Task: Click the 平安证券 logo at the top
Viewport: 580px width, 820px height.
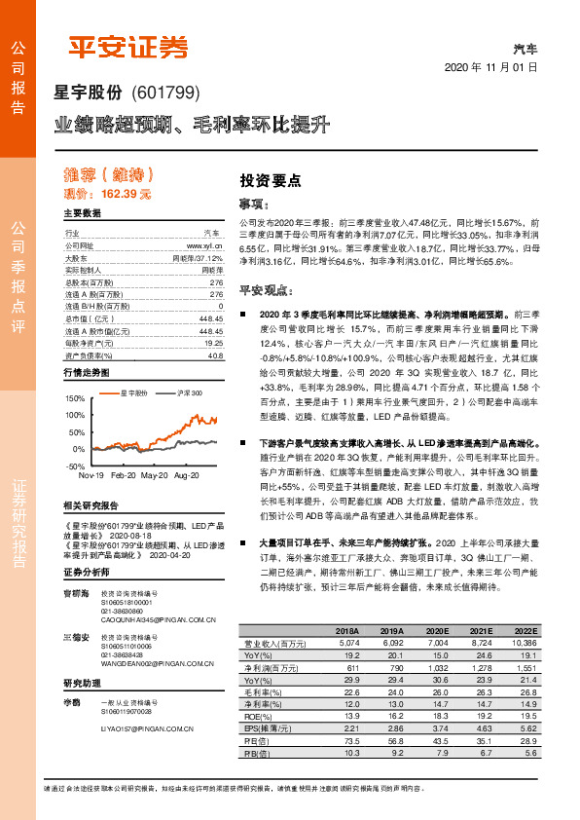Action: click(127, 47)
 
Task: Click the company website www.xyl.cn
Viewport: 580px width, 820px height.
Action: click(207, 246)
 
